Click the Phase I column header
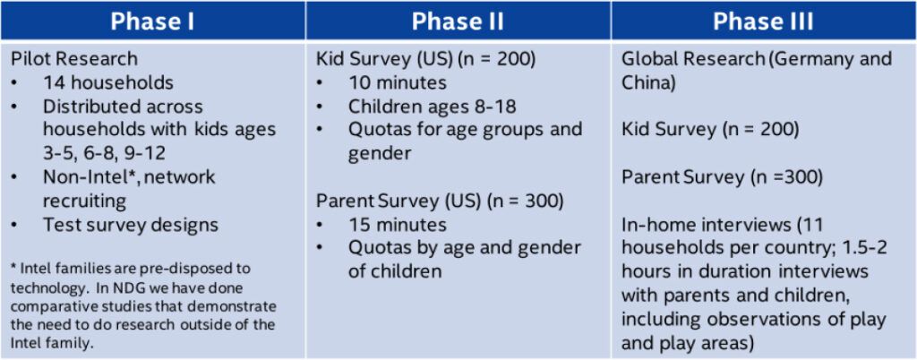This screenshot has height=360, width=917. tap(152, 21)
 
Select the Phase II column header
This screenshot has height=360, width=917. tap(458, 21)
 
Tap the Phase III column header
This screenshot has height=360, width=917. tap(763, 21)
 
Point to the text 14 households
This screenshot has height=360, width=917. tap(108, 83)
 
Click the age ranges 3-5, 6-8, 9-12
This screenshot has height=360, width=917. tap(104, 154)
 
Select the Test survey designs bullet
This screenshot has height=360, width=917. tap(131, 225)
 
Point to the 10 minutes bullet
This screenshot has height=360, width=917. tap(398, 83)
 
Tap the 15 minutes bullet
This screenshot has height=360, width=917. tap(398, 225)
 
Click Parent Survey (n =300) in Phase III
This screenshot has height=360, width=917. tap(723, 177)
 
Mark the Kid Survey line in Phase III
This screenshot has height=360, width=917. tap(710, 130)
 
